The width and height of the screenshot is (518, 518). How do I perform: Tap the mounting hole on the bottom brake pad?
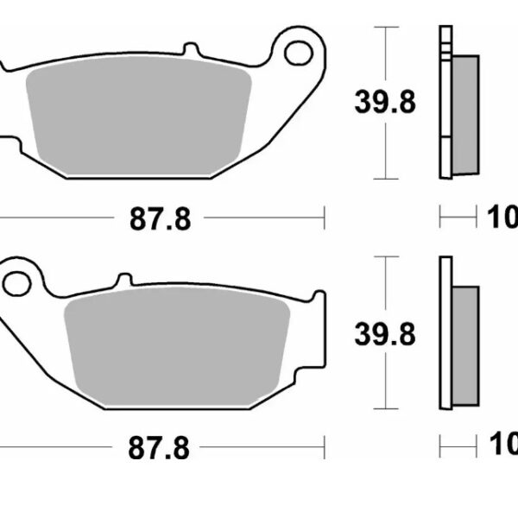16,281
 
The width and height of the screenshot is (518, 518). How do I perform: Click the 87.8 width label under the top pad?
160,220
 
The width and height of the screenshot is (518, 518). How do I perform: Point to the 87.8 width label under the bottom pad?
160,449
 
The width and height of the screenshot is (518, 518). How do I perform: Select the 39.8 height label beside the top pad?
385,103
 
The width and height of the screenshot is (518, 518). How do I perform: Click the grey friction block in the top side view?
464,112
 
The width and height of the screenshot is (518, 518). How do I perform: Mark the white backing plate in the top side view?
445,104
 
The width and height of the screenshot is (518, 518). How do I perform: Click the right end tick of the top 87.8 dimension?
324,218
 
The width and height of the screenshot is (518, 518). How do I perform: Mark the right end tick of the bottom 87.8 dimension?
324,447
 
